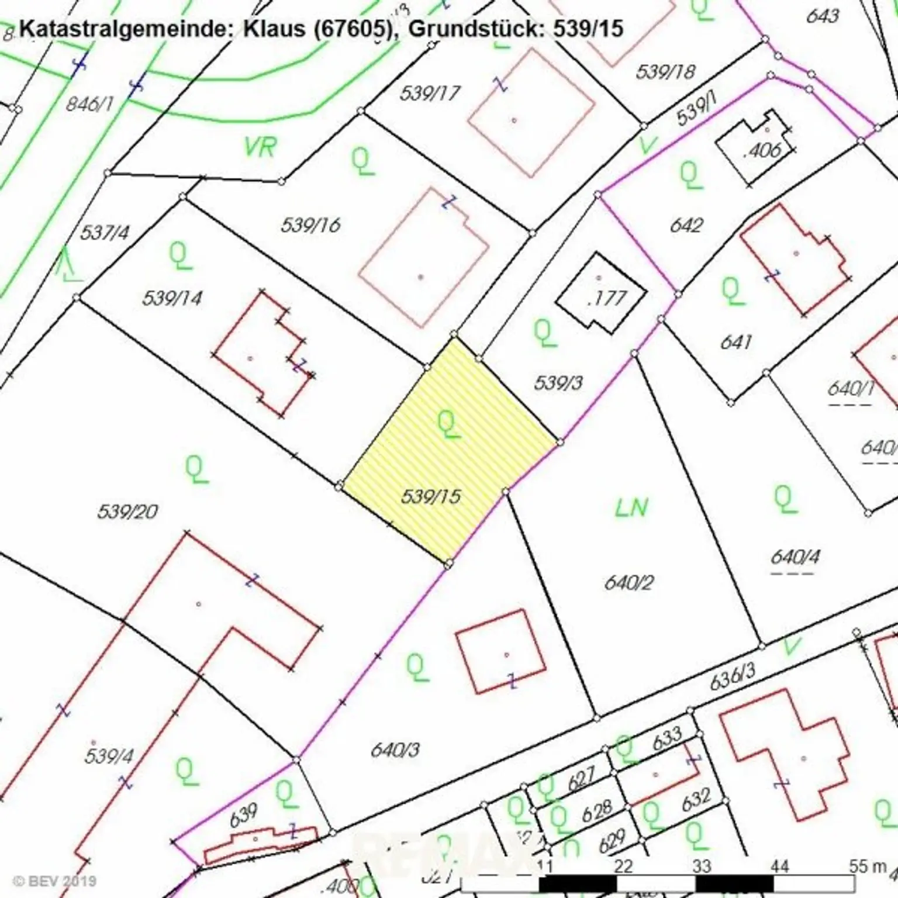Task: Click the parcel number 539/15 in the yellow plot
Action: [x=431, y=497]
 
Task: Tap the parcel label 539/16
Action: [x=310, y=225]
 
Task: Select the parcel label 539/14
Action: [x=172, y=298]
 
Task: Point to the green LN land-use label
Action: [x=631, y=508]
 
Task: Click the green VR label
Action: [x=260, y=147]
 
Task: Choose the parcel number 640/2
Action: [x=628, y=582]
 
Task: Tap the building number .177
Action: [x=606, y=299]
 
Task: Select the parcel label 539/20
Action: [x=127, y=512]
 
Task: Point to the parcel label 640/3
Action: [x=395, y=750]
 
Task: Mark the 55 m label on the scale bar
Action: [x=868, y=866]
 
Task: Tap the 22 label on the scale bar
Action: [x=624, y=866]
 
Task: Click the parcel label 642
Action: [x=686, y=225]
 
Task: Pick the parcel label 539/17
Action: [x=430, y=93]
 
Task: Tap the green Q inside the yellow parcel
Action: [x=449, y=424]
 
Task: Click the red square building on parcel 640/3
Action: [x=500, y=651]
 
